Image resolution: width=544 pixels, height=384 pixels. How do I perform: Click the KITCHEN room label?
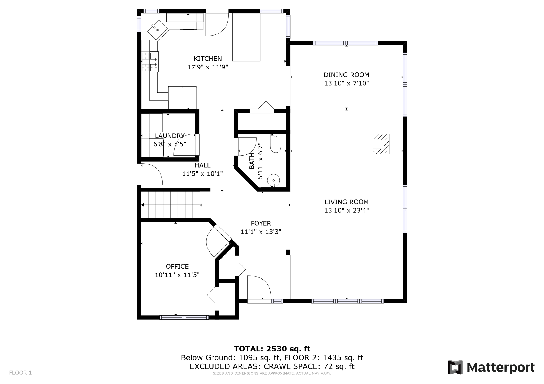pos(207,59)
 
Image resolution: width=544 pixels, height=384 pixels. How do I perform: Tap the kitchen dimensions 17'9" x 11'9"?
pos(207,67)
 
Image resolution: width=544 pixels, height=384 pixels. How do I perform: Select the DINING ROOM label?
pos(346,75)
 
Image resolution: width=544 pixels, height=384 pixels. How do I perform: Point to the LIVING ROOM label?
pos(346,202)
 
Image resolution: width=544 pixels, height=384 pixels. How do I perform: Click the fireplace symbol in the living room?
pos(381,144)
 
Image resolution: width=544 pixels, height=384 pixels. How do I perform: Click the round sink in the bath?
pos(273,180)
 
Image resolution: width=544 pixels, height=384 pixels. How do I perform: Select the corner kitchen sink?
pos(158,30)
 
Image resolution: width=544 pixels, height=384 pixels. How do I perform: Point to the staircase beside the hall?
pos(171,205)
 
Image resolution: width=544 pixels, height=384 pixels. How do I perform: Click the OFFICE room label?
pos(177,266)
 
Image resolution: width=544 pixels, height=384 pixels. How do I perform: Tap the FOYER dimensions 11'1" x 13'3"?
pos(261,232)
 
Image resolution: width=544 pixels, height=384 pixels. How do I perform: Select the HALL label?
pos(202,165)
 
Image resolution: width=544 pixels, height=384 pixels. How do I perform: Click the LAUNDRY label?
pos(169,136)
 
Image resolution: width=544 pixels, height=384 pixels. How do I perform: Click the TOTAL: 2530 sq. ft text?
pos(272,349)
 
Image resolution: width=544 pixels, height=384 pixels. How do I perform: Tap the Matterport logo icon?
pos(455,367)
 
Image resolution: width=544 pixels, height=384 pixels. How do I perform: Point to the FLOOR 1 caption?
pos(20,373)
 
